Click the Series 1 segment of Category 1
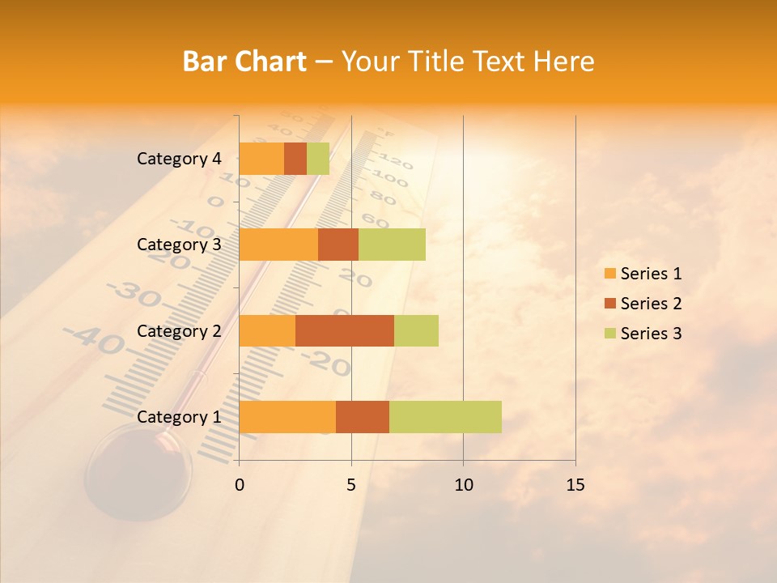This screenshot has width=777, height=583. [x=287, y=417]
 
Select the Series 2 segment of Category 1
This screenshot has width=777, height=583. [x=363, y=417]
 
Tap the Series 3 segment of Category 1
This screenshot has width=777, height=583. [x=445, y=417]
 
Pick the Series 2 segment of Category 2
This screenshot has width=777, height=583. [x=345, y=330]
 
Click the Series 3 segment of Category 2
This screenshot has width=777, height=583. [x=416, y=330]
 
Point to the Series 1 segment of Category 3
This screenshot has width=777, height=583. [x=278, y=245]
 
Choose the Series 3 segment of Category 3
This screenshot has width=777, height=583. [x=392, y=245]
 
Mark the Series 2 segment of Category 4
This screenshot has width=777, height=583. [x=295, y=159]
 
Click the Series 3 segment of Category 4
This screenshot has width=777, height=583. [x=318, y=159]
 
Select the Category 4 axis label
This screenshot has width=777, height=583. [x=179, y=159]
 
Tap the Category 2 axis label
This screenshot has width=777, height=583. [x=179, y=330]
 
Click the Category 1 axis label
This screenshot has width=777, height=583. [x=179, y=417]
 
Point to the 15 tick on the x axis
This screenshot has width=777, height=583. [x=575, y=485]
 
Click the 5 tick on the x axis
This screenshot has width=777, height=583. [x=351, y=485]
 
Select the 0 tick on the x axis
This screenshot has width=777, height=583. [x=239, y=485]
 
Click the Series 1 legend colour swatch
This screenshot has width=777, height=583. [x=609, y=274]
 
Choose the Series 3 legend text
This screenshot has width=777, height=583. [x=651, y=334]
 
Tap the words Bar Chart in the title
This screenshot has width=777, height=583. [x=244, y=62]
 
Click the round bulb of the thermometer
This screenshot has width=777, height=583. [x=138, y=474]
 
